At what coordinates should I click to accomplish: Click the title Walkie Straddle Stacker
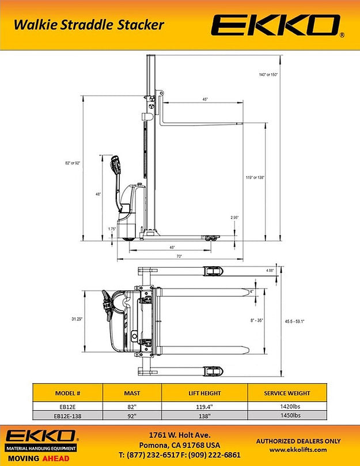89,24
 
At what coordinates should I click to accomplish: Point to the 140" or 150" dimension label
268,75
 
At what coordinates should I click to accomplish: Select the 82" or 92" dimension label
73,163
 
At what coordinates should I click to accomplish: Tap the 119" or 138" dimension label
254,177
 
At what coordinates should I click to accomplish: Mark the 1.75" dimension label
112,229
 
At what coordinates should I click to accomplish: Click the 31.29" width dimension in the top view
77,319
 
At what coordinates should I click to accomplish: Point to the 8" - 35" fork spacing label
253,320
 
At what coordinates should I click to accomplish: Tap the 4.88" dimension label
270,270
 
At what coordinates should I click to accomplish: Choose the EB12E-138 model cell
67,414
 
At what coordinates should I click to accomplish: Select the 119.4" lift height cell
204,406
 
